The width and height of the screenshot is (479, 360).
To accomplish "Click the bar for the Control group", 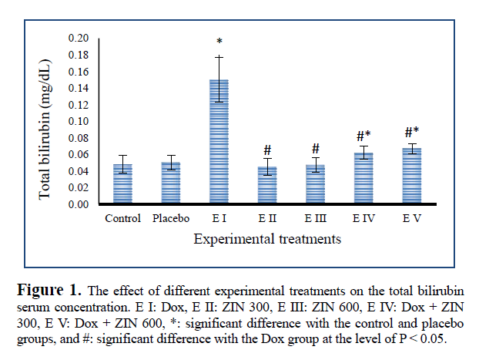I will tap(123, 184).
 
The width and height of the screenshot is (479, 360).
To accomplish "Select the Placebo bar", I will tap(171, 183).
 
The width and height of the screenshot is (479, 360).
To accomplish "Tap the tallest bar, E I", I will tap(219, 143).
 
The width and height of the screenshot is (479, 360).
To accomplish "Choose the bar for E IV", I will tap(363, 179).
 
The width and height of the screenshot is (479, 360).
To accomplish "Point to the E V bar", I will tap(411, 177).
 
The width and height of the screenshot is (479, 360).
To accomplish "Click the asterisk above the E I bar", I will tap(219, 42).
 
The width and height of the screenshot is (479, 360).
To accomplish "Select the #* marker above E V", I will tap(411, 133).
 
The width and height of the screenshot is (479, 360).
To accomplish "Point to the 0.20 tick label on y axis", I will tap(79, 38).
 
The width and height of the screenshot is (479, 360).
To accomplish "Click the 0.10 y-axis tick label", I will tap(79, 121).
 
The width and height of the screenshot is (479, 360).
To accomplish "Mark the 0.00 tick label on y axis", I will tap(79, 204).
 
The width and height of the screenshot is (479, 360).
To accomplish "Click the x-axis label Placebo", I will tap(171, 219).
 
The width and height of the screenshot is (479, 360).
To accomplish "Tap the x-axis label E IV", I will tap(363, 219).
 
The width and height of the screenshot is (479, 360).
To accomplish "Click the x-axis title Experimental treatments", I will tap(267, 240).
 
